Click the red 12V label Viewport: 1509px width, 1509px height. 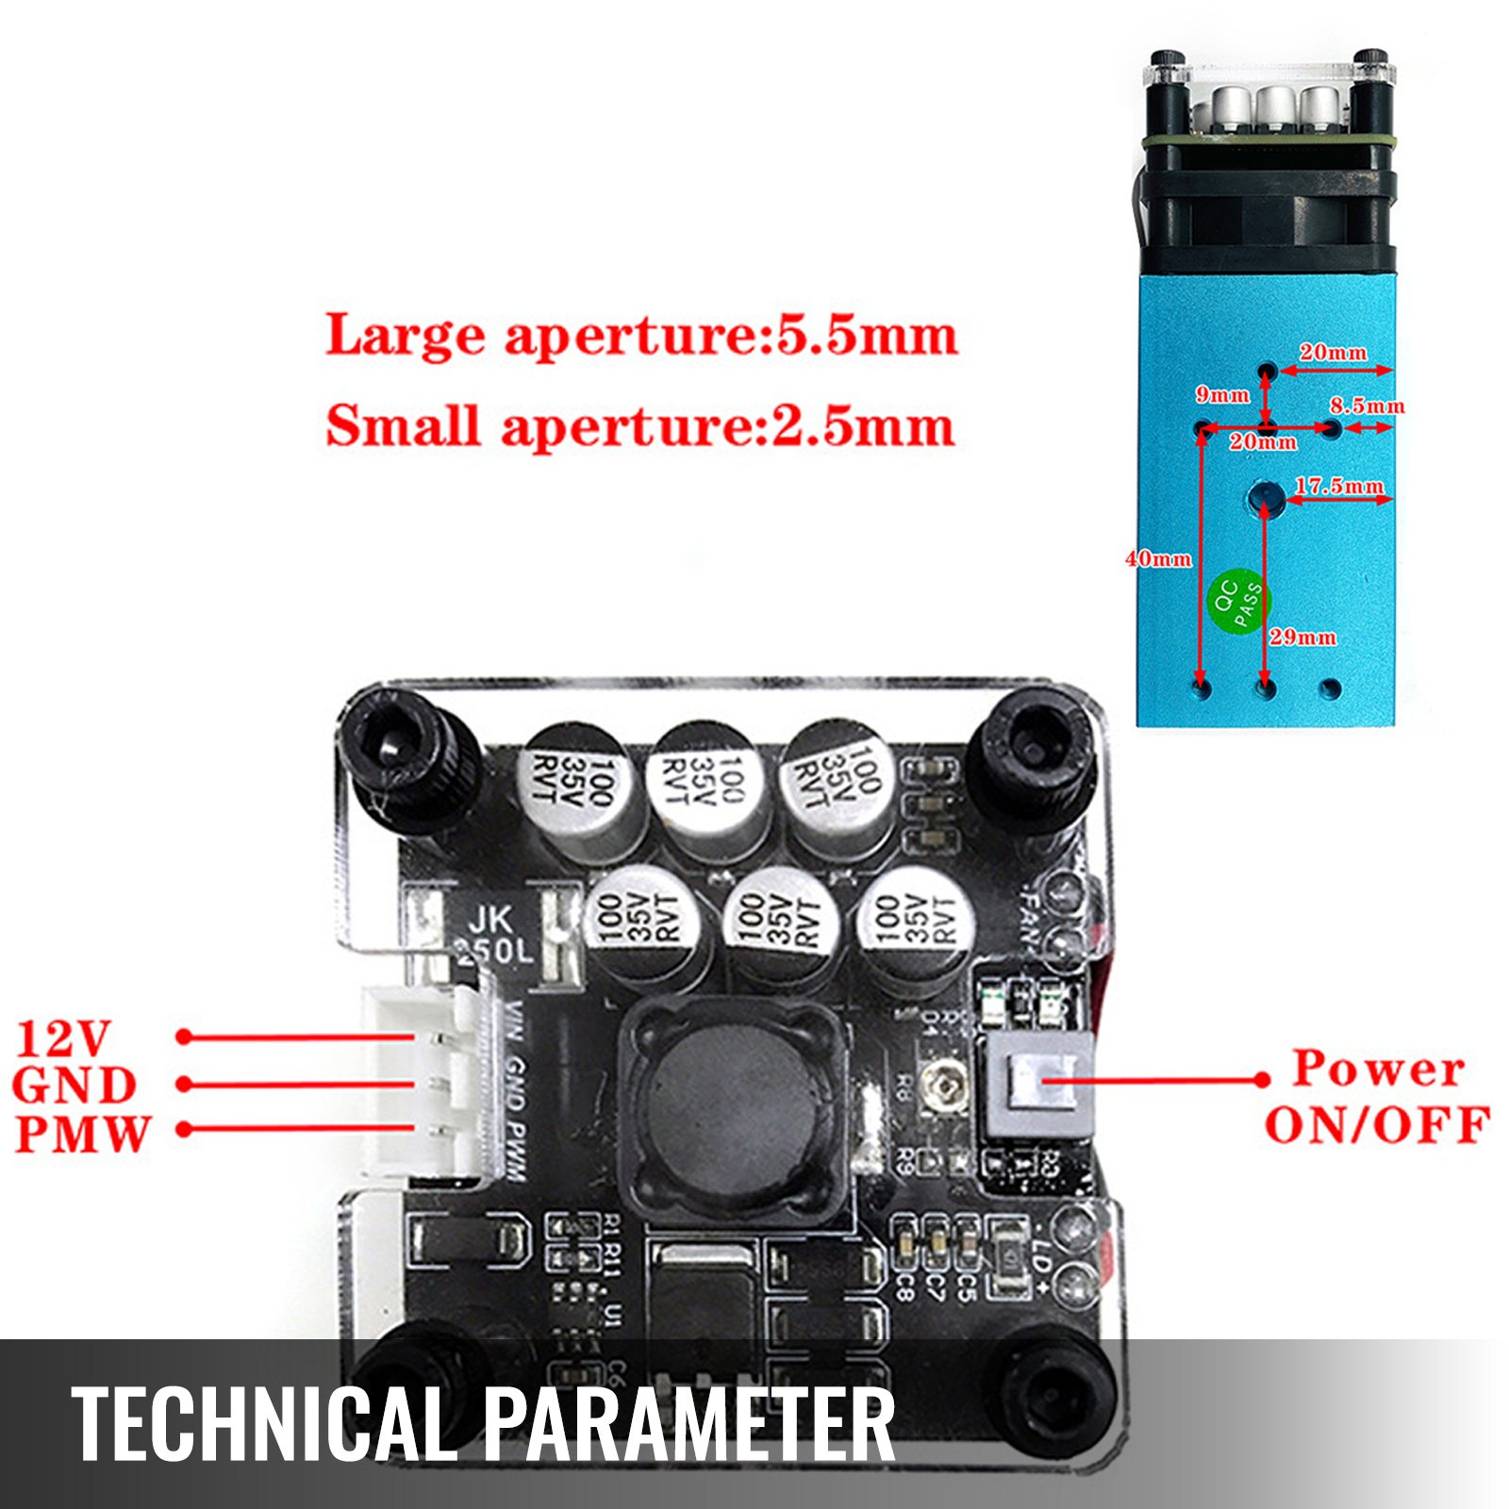63,1038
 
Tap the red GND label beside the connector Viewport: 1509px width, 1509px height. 75,1086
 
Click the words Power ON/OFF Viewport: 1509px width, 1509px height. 1377,1096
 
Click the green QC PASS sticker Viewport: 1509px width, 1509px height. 1239,600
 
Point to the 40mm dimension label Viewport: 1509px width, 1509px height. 1158,558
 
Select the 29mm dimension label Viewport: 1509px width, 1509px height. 1302,637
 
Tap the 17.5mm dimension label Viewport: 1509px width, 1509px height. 1338,486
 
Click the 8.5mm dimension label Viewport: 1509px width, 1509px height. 1367,406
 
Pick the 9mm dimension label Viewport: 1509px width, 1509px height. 1222,394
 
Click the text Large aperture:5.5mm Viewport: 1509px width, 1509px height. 641,336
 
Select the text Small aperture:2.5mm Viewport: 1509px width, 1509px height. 639,426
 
